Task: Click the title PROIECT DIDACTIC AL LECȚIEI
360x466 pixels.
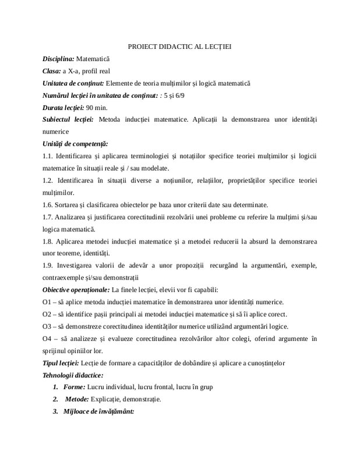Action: (179, 46)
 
